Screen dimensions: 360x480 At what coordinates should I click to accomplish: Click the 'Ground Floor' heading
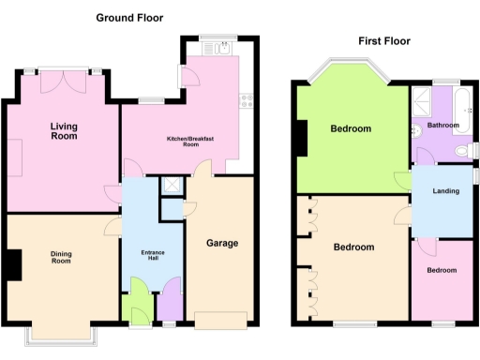pyautogui.click(x=130, y=17)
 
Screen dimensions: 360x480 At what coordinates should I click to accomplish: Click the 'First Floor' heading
pyautogui.click(x=383, y=40)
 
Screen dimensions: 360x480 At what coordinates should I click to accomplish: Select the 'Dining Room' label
pyautogui.click(x=61, y=256)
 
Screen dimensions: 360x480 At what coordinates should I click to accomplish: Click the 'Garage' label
pyautogui.click(x=222, y=243)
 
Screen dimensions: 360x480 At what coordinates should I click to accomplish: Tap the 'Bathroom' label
pyautogui.click(x=443, y=125)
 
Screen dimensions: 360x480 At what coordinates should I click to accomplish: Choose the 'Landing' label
pyautogui.click(x=444, y=191)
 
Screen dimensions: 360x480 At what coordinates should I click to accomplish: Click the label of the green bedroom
pyautogui.click(x=351, y=128)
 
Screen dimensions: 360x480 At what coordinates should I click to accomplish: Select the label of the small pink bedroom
pyautogui.click(x=442, y=270)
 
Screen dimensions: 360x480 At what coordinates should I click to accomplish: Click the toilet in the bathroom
pyautogui.click(x=460, y=151)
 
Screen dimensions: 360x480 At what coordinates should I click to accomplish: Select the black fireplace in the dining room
pyautogui.click(x=14, y=264)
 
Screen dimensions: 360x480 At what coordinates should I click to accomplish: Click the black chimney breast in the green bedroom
pyautogui.click(x=300, y=139)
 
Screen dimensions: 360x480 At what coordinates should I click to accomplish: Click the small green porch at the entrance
pyautogui.click(x=138, y=307)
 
